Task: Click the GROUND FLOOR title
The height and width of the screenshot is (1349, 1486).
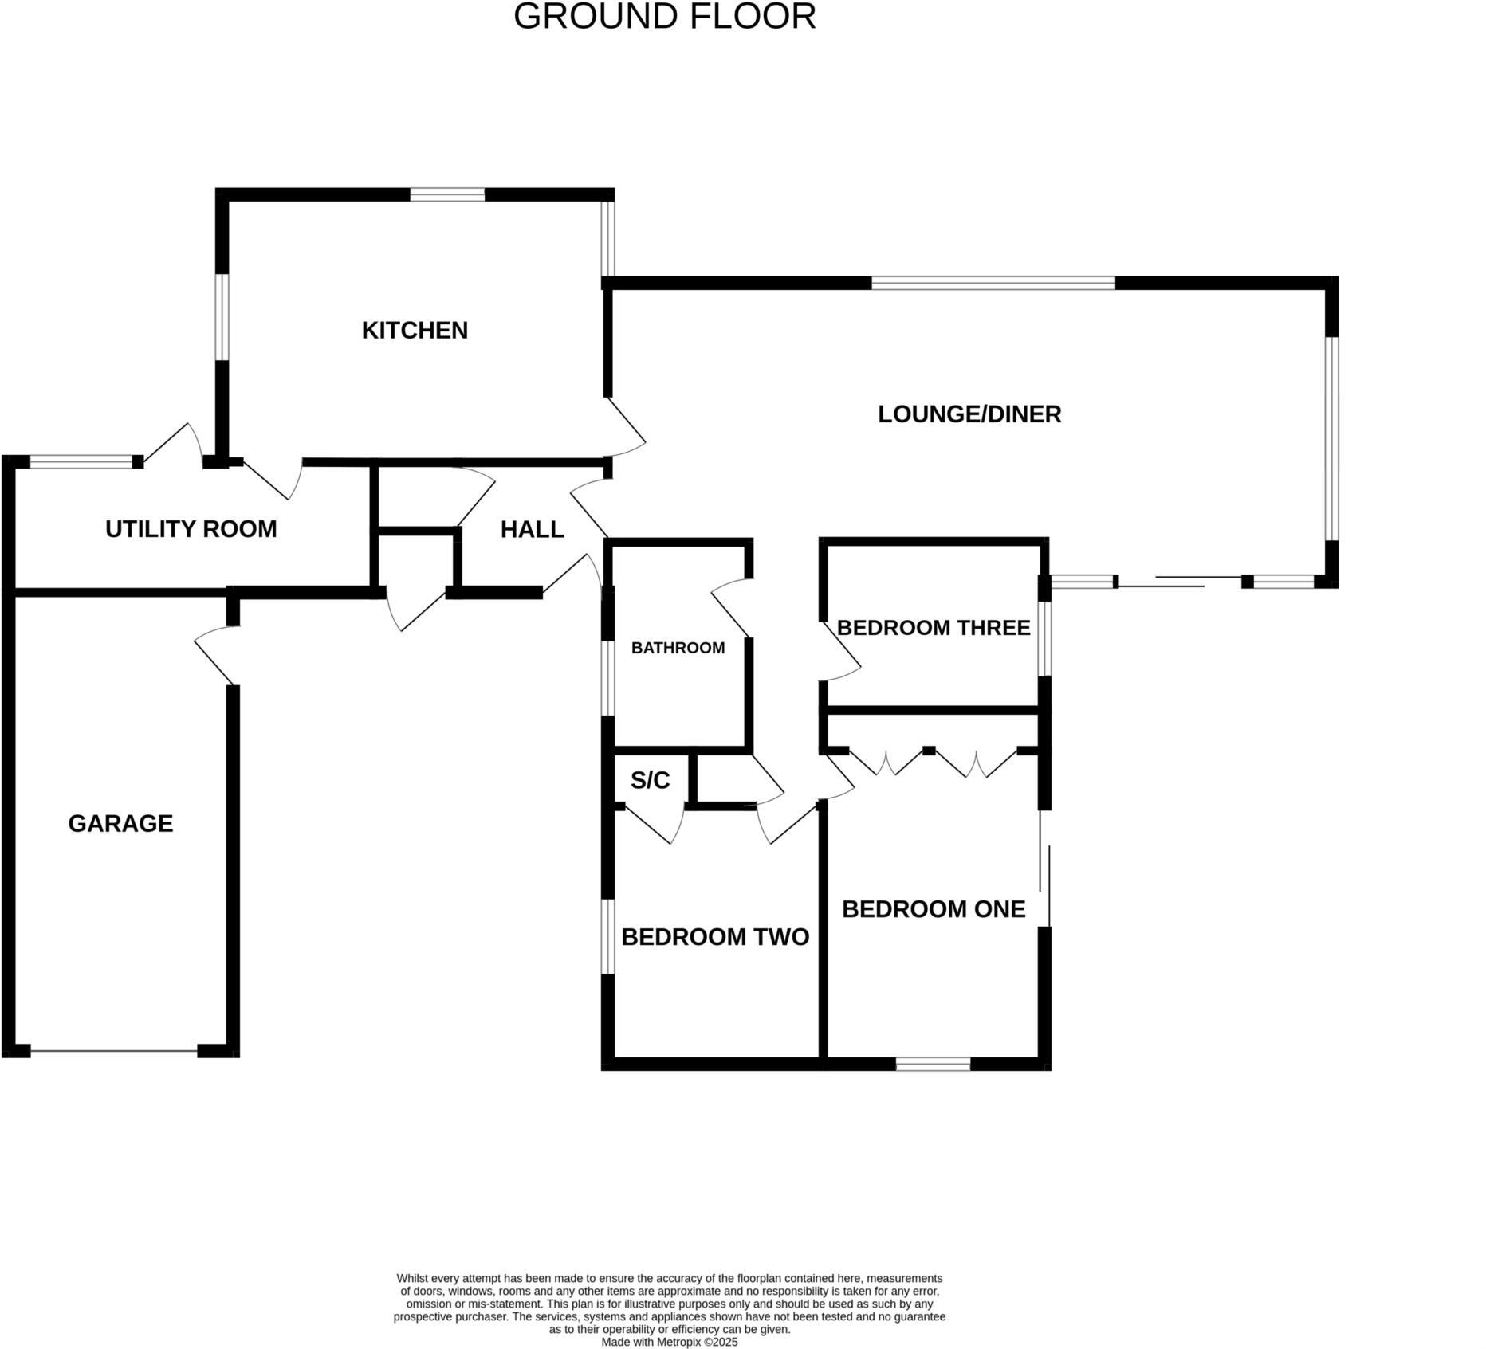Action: [x=664, y=17]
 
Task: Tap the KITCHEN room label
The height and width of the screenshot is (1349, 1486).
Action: [x=415, y=330]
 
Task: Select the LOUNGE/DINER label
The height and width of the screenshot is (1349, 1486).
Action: [x=969, y=414]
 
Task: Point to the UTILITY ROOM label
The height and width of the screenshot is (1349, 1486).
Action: [x=191, y=529]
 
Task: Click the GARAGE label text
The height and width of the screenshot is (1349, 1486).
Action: [x=120, y=823]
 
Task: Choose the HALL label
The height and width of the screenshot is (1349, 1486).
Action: [x=532, y=529]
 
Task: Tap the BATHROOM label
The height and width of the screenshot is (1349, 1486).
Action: [x=678, y=648]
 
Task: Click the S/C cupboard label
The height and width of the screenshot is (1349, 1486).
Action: [x=650, y=780]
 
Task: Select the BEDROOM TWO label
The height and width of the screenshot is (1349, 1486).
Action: [x=714, y=937]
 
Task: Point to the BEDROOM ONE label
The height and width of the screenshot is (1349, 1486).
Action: [x=933, y=909]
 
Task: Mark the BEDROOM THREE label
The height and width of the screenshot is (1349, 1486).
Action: [x=933, y=628]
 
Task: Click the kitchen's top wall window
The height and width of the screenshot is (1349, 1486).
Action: [x=447, y=194]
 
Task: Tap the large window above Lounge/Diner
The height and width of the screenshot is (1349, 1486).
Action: [x=993, y=283]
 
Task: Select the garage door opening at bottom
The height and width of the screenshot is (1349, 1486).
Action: [x=113, y=1051]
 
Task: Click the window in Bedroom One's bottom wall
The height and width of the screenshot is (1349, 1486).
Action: [x=933, y=1064]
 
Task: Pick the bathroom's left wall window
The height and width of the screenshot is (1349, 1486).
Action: [x=607, y=678]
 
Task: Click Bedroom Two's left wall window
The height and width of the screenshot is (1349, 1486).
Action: [x=607, y=936]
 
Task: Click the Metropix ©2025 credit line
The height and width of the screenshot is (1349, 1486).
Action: [x=669, y=1342]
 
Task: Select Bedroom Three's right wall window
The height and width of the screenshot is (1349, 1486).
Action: [x=1044, y=638]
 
